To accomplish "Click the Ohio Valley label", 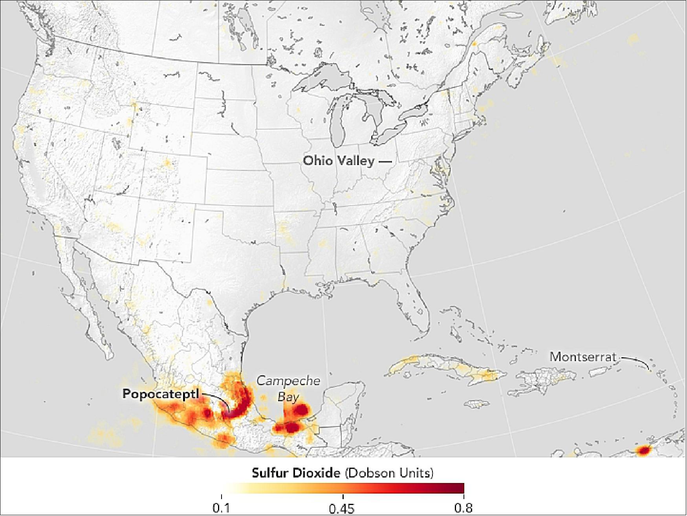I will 338,161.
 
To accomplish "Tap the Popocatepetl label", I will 161,394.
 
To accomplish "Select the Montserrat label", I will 583,356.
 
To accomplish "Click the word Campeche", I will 288,381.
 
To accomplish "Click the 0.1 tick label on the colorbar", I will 221,508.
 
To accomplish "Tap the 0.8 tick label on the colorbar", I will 463,508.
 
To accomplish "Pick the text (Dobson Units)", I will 389,472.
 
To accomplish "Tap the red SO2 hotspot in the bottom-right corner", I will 643,450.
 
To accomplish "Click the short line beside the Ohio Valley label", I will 385,161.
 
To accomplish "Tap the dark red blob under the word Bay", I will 301,410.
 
